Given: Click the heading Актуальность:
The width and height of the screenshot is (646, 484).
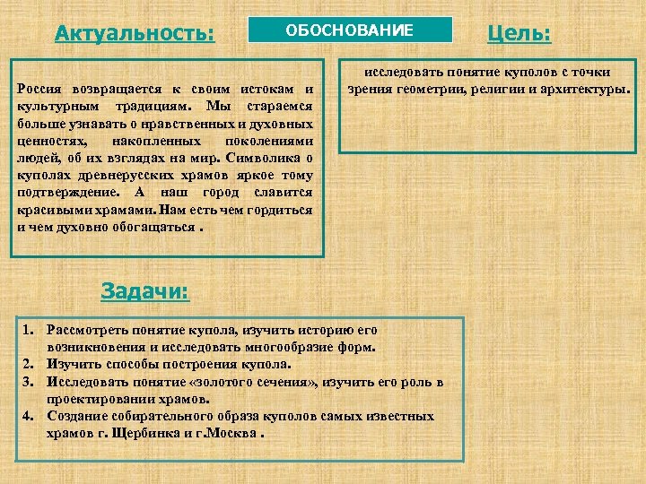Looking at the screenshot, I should (x=135, y=34).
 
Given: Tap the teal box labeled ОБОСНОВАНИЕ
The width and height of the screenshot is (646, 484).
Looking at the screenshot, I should (x=350, y=30).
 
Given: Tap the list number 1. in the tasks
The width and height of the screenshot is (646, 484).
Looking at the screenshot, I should (x=29, y=330).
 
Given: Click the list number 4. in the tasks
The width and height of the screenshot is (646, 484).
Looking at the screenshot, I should (x=29, y=416).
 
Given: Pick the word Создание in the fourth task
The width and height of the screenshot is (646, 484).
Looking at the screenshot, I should (x=75, y=416).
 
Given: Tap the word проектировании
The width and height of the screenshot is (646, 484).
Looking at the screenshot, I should (x=99, y=399).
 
